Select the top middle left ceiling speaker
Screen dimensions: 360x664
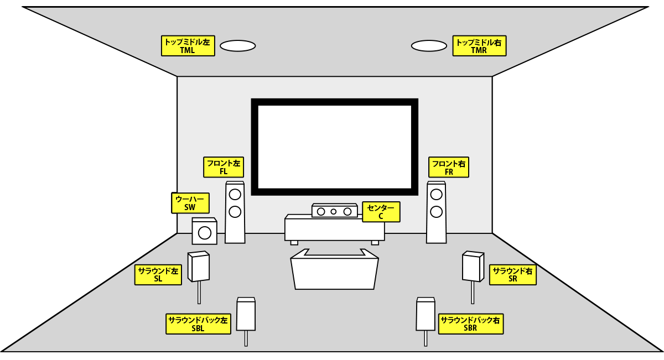[237, 46]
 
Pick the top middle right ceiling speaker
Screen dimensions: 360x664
[429, 46]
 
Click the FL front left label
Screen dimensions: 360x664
[224, 167]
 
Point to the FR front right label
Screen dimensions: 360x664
[449, 167]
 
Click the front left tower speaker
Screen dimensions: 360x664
[235, 212]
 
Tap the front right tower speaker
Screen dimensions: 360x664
[436, 212]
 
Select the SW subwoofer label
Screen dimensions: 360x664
[190, 203]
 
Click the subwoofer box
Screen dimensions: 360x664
[204, 232]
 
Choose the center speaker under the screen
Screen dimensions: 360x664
[334, 211]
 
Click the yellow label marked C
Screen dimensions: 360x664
[381, 212]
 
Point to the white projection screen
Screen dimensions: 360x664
[334, 147]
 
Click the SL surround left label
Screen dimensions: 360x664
[158, 275]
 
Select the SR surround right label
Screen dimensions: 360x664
[512, 275]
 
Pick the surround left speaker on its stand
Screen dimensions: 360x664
[199, 267]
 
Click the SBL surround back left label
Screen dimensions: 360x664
[198, 324]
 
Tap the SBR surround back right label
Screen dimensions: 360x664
[471, 324]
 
